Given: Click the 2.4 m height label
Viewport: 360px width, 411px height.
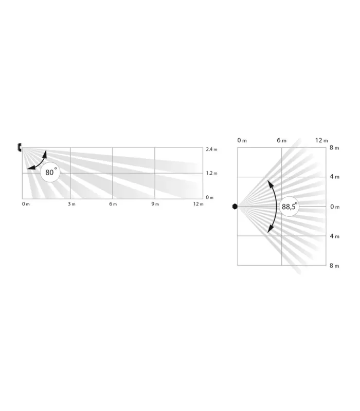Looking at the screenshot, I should click(211, 149).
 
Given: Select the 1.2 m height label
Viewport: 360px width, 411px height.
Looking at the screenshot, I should click(211, 173).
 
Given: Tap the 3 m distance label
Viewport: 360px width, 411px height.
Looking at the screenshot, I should click(71, 204).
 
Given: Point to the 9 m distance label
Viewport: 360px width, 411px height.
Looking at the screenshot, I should click(155, 204).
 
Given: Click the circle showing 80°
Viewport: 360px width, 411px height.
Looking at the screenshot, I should click(50, 173).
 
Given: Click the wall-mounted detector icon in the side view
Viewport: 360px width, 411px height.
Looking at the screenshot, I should click(19, 148).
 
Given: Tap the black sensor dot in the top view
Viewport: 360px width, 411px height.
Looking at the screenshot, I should click(235, 207).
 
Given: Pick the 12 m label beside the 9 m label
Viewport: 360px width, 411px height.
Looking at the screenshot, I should click(198, 204).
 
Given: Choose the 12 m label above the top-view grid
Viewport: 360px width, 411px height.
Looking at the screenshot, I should click(321, 140).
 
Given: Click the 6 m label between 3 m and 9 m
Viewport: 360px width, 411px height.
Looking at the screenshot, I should click(113, 204).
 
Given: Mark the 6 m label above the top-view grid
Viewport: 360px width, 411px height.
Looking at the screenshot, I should click(281, 140).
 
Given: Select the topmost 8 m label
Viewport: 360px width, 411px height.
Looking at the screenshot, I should click(334, 148).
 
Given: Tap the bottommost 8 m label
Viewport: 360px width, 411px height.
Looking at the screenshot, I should click(334, 266).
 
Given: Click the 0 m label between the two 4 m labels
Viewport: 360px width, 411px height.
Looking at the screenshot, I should click(334, 207).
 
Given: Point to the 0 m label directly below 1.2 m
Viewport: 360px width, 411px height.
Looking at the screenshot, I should click(210, 197).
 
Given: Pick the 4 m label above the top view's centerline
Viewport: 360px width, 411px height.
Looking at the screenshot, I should click(334, 177).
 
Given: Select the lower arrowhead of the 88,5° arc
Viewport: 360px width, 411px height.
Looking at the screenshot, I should click(268, 231).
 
